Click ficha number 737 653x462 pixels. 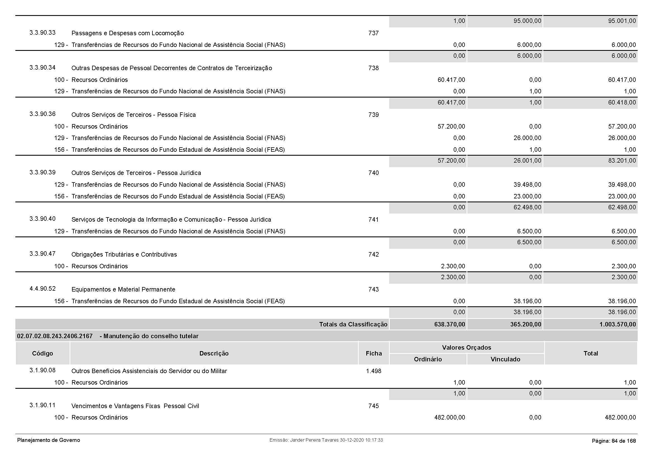[373, 33]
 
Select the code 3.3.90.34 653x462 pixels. [42, 68]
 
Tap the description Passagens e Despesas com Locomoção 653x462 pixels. [127, 33]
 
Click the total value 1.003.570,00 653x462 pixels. [618, 324]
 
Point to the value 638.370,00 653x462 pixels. [450, 324]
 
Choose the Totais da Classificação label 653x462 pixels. [353, 324]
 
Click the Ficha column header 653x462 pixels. [374, 353]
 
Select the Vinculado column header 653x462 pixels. [505, 359]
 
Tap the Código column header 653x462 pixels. [42, 353]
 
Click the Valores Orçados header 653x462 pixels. [467, 347]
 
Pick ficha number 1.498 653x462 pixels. [374, 371]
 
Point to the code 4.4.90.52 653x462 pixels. [42, 289]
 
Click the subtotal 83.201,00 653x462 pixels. [622, 160]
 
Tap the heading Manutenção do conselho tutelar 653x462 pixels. [151, 336]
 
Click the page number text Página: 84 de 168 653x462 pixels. [613, 441]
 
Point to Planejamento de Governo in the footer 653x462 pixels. [49, 440]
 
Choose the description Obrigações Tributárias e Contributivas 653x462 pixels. [124, 255]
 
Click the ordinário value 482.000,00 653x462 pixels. [450, 417]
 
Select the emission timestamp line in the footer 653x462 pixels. [326, 440]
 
